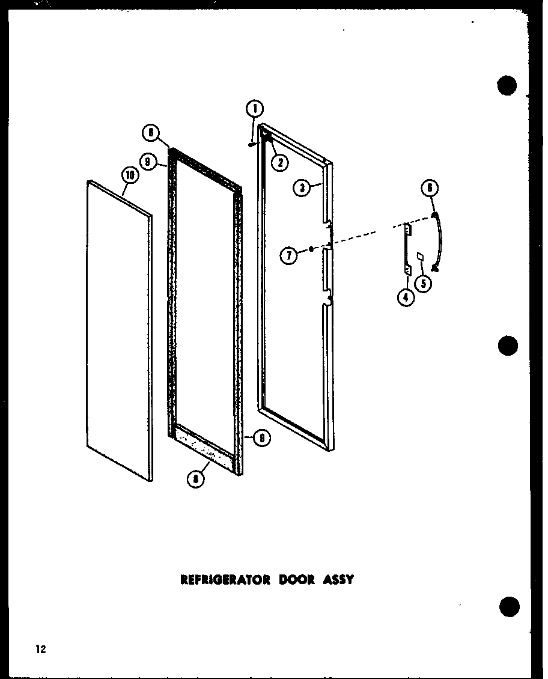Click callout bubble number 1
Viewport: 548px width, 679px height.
[254, 109]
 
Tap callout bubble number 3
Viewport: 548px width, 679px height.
[302, 187]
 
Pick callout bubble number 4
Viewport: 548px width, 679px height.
[406, 297]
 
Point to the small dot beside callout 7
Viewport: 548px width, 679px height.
[311, 248]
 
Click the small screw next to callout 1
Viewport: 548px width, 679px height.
[250, 143]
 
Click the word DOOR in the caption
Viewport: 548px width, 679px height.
[297, 580]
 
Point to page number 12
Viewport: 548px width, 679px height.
[40, 649]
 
